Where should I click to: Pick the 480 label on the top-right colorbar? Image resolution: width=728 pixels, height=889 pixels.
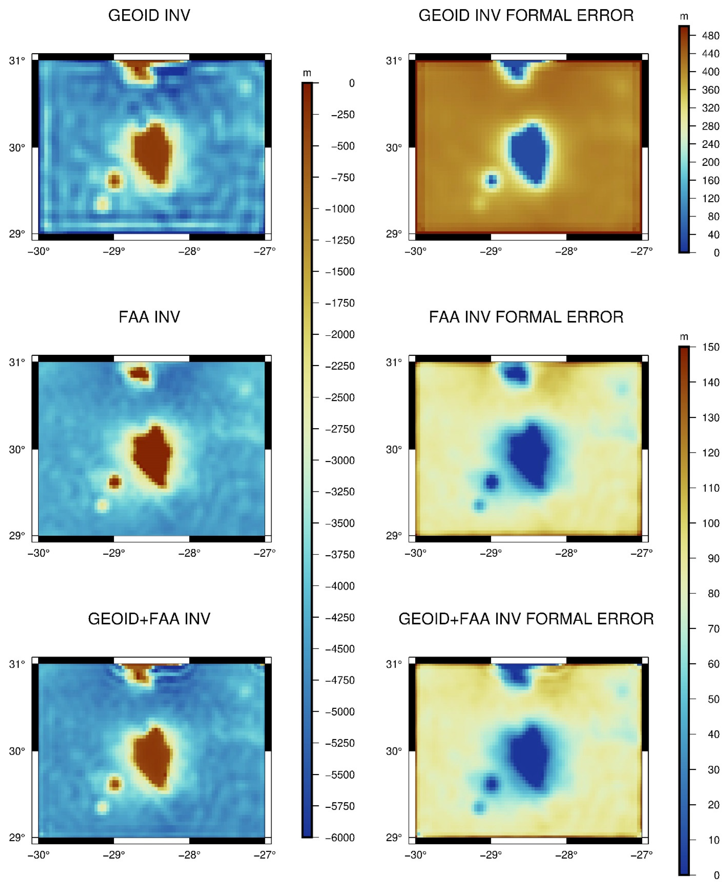coord(710,36)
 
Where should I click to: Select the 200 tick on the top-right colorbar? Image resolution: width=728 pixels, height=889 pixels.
coord(710,162)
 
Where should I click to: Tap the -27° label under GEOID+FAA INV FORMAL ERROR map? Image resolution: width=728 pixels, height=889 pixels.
coord(642,854)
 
